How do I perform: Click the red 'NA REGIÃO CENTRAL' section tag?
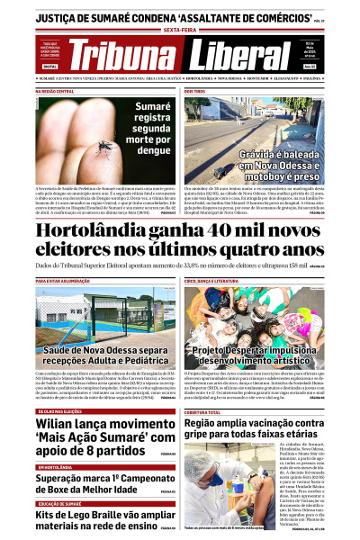coord(55,92)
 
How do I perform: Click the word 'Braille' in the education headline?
coord(129,516)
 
